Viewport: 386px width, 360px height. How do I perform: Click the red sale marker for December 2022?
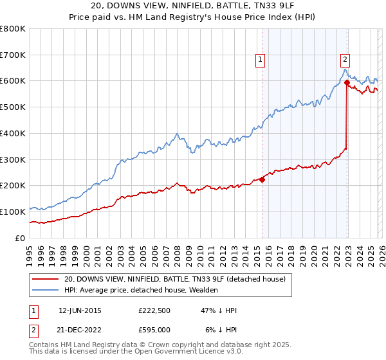(347, 82)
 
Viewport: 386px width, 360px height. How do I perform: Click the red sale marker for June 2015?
(262, 179)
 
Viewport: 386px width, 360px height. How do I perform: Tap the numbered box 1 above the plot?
(260, 59)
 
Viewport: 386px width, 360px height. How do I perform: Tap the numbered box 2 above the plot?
(345, 59)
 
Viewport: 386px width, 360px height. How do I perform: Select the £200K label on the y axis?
(13, 185)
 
